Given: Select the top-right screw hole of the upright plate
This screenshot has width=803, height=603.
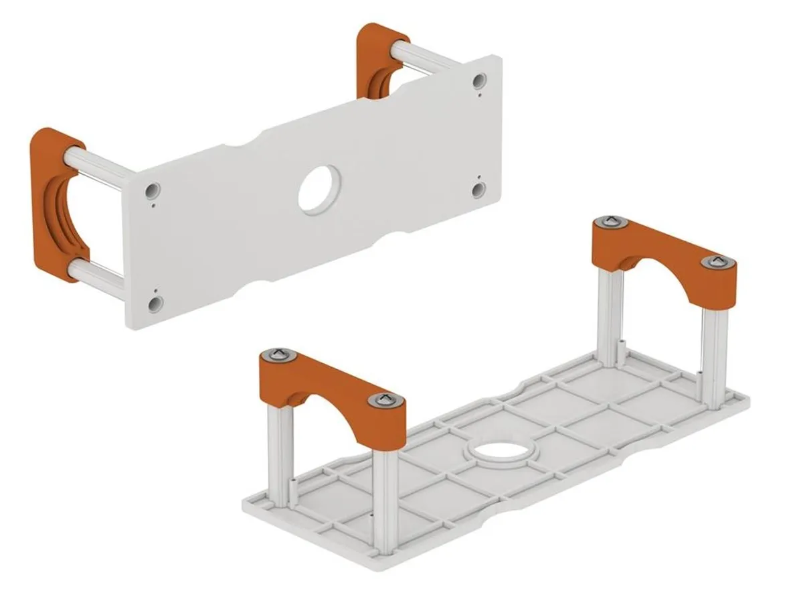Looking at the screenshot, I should tap(478, 81).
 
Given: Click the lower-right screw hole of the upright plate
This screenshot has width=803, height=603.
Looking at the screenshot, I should tap(478, 190).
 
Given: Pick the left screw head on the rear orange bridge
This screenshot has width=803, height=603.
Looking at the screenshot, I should tap(609, 222).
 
